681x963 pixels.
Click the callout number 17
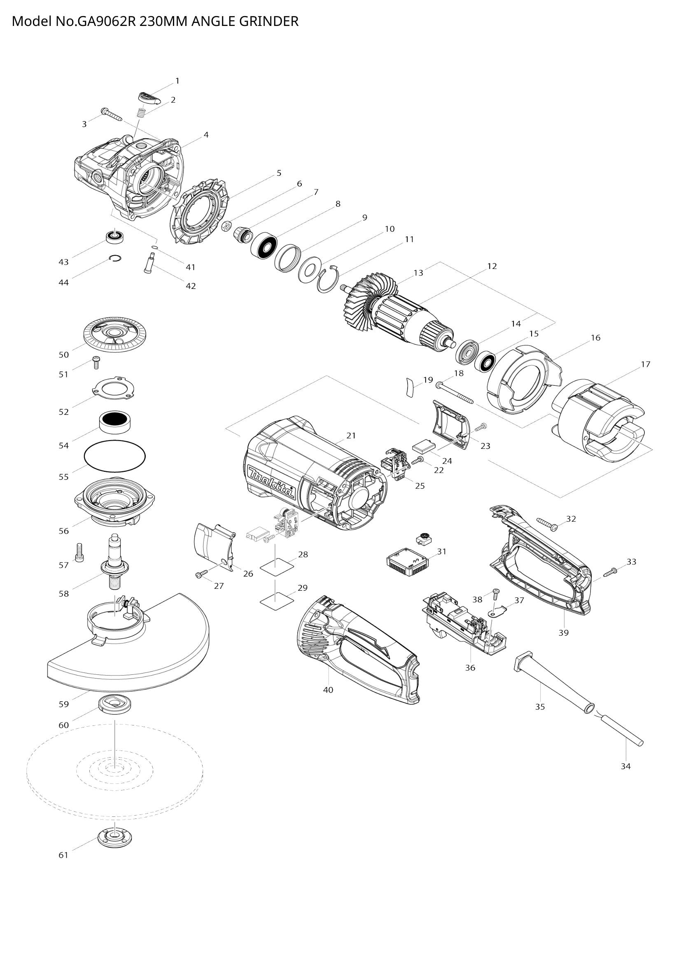coord(645,364)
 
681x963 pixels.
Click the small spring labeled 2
coord(142,113)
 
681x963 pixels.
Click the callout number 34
coord(626,766)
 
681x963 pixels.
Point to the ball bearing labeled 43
coord(114,236)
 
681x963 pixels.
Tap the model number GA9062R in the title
coord(106,21)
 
